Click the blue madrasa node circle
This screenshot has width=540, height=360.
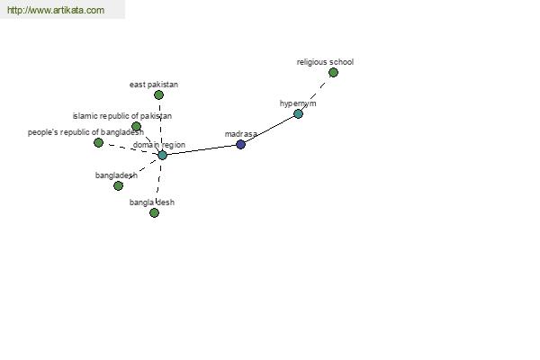pyautogui.click(x=240, y=144)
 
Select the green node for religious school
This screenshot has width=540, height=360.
pyautogui.click(x=333, y=73)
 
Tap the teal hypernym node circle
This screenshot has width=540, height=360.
pyautogui.click(x=298, y=113)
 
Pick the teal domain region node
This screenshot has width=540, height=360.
pyautogui.click(x=162, y=155)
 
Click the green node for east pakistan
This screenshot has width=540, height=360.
pyautogui.click(x=158, y=94)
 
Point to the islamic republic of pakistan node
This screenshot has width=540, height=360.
pyautogui.click(x=137, y=126)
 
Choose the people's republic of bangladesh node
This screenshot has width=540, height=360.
pyautogui.click(x=98, y=142)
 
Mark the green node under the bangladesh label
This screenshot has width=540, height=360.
pyautogui.click(x=118, y=185)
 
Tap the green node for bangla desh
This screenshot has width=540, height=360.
pyautogui.click(x=154, y=213)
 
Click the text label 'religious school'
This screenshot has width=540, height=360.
pyautogui.click(x=325, y=62)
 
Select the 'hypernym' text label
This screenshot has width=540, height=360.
pyautogui.click(x=298, y=103)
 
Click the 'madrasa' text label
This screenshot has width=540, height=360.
pyautogui.click(x=240, y=134)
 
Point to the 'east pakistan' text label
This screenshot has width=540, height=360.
pyautogui.click(x=154, y=85)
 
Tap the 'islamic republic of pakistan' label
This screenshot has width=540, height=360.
pyautogui.click(x=122, y=116)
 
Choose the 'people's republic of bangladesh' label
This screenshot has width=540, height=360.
pyautogui.click(x=85, y=132)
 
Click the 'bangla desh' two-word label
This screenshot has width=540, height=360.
pyautogui.click(x=152, y=202)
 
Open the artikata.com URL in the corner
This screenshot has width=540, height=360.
pyautogui.click(x=56, y=10)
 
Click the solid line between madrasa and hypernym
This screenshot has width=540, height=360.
pyautogui.click(x=269, y=129)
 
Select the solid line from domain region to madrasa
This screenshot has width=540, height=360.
pyautogui.click(x=202, y=150)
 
